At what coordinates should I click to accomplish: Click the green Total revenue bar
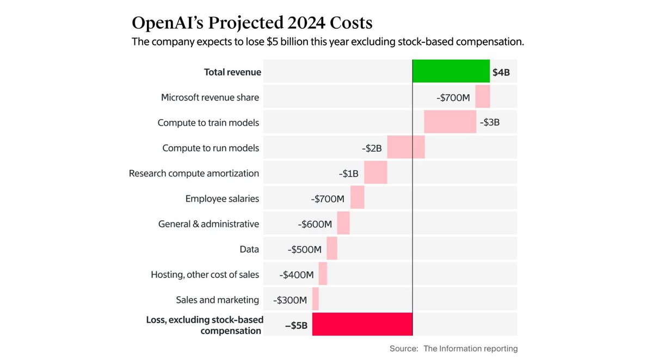[451, 72]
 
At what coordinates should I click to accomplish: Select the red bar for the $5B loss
[362, 324]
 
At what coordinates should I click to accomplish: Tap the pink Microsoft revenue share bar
[483, 97]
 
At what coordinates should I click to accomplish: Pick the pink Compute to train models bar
[450, 122]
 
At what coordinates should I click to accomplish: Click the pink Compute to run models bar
[406, 147]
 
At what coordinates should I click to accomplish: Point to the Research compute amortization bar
[375, 173]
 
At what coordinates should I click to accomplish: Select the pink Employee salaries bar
[358, 198]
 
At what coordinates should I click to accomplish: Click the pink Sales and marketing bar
[316, 299]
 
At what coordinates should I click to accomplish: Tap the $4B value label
[501, 72]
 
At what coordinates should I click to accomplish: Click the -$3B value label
[490, 122]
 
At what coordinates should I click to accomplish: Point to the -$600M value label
[315, 224]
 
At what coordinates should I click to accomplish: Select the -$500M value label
[305, 249]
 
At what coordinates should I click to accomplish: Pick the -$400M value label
[297, 275]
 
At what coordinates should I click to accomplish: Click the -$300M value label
[290, 300]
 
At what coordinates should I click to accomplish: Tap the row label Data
[249, 250]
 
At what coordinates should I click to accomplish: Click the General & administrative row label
[208, 224]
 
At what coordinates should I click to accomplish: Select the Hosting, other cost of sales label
[205, 275]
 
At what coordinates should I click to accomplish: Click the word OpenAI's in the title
[171, 23]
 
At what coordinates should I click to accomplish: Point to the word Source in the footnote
[403, 349]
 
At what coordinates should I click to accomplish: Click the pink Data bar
[332, 249]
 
